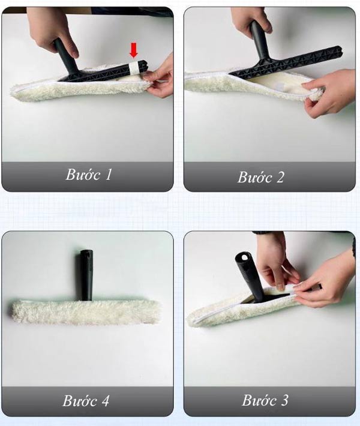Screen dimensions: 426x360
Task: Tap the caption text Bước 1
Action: [x=88, y=175]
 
